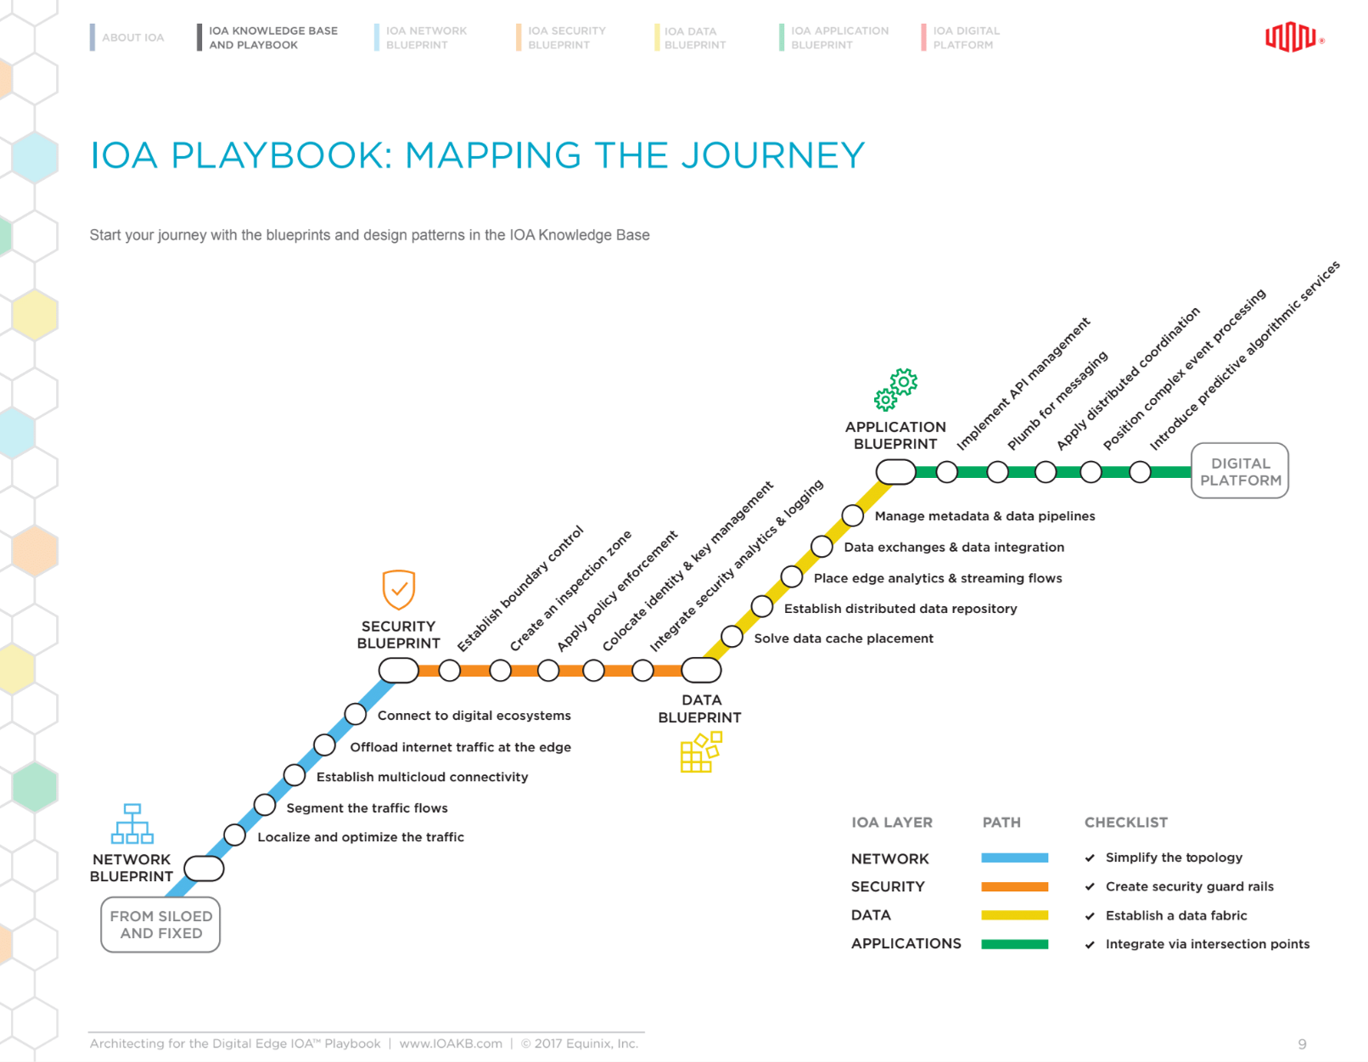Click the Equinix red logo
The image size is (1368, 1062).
[1291, 37]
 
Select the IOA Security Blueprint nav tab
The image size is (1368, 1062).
[566, 37]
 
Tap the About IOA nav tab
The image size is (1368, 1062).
[132, 37]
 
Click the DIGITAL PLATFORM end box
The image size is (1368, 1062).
[1239, 471]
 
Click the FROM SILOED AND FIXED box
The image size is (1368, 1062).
[160, 924]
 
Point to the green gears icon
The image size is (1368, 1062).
[896, 390]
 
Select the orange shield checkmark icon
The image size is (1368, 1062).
[398, 589]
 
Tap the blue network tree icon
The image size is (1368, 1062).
[132, 823]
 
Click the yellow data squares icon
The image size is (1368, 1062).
[700, 752]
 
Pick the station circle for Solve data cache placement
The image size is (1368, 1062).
[732, 637]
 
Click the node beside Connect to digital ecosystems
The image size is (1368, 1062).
[356, 714]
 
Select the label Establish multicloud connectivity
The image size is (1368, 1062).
[422, 777]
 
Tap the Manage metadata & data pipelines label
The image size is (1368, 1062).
[984, 516]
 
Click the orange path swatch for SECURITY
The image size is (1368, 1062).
[1014, 886]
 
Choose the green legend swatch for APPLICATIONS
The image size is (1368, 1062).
[1014, 944]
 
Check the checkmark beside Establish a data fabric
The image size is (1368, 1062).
[1090, 916]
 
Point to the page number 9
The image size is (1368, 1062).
[1302, 1044]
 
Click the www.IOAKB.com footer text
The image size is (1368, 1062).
[451, 1043]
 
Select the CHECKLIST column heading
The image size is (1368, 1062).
[1125, 823]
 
